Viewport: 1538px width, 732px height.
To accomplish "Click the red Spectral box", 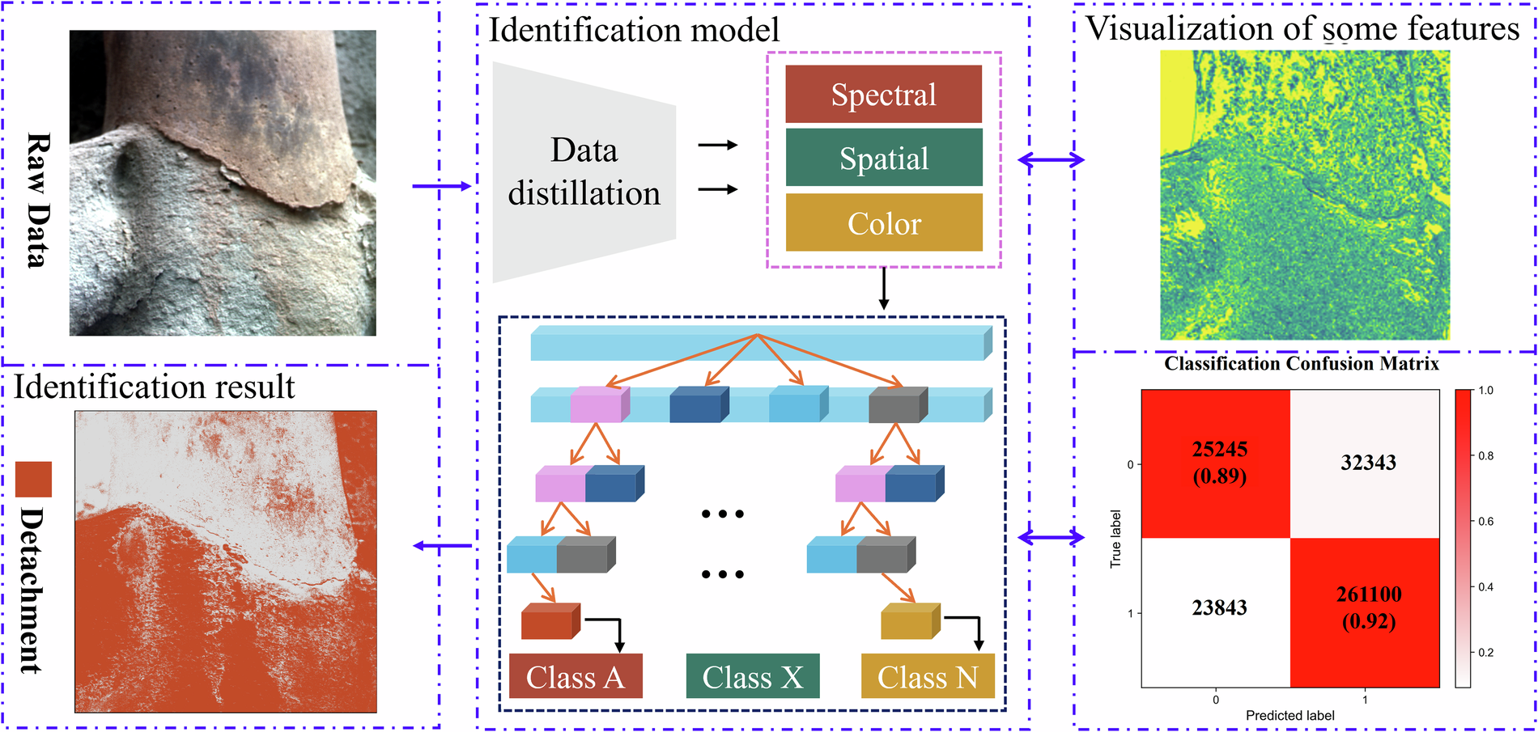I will [883, 95].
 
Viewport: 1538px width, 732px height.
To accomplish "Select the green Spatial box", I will [883, 158].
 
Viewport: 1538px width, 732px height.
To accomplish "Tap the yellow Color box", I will [883, 222].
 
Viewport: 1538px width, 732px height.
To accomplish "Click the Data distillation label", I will [584, 171].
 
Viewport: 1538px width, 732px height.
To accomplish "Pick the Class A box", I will [576, 676].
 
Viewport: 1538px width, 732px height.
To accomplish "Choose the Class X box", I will [752, 676].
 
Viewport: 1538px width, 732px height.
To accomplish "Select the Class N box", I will [928, 676].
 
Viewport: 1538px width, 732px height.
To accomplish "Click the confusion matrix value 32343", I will [1368, 463].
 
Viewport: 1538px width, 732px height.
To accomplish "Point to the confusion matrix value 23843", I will [1219, 607].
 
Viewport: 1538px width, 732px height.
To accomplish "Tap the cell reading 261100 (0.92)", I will [1368, 607].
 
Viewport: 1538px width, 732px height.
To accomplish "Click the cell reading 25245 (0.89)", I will [1219, 463].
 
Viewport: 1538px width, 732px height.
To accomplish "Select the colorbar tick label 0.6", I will [1486, 522].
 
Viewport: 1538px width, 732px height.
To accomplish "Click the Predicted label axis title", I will [1289, 716].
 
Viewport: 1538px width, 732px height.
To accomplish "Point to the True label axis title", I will [1115, 539].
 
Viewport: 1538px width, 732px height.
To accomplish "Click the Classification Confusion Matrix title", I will [1301, 364].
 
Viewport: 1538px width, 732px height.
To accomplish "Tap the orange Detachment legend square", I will [33, 479].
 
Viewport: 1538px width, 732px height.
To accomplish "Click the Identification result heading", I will [154, 387].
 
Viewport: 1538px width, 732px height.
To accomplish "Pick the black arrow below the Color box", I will [883, 289].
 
